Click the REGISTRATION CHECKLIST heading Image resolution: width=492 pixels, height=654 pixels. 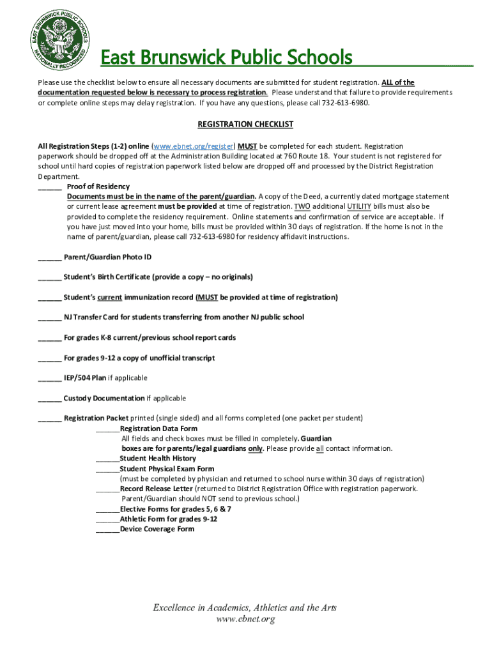click(245, 124)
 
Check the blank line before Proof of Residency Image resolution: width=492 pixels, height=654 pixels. click(50, 186)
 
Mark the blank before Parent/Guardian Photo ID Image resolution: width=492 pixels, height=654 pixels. click(50, 257)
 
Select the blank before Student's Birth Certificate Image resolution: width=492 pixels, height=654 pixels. click(50, 277)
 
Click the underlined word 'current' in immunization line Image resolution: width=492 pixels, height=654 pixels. click(110, 297)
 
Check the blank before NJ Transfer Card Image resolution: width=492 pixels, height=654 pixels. click(50, 317)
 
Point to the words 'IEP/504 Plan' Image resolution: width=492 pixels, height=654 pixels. click(85, 377)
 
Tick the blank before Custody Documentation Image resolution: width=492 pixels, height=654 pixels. click(50, 399)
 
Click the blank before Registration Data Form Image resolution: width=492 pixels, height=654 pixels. click(107, 429)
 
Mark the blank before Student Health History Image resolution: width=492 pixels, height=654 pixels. click(107, 459)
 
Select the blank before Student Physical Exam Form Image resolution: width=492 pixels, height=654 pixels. click(107, 469)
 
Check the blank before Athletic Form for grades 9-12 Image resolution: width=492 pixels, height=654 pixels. click(107, 519)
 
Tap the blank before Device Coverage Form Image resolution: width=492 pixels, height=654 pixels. click(107, 529)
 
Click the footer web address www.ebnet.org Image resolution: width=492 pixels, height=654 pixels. click(245, 619)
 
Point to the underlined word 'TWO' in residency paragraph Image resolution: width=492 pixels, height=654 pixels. click(302, 206)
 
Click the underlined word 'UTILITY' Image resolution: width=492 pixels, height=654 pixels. click(359, 206)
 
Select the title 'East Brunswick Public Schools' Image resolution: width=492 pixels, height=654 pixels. click(227, 57)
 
